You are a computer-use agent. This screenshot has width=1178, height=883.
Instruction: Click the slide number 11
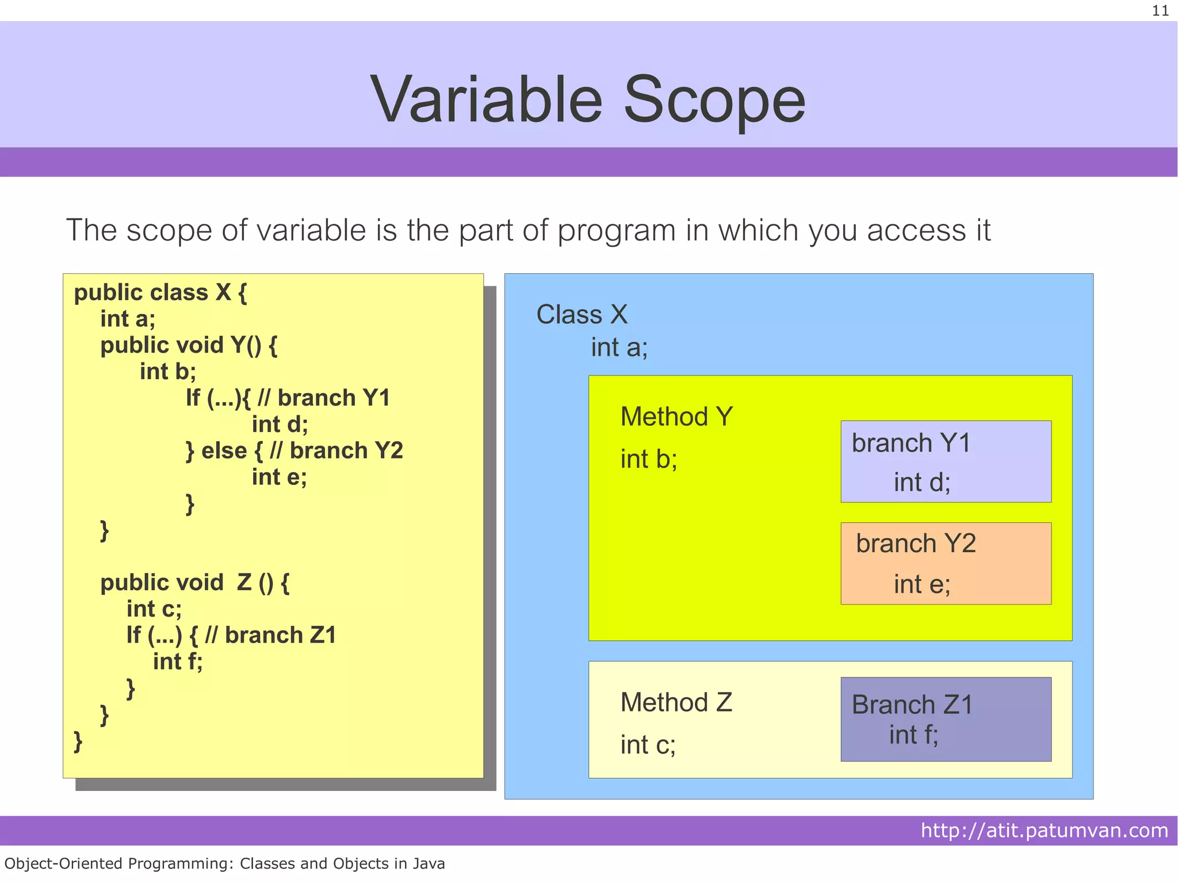(x=1160, y=11)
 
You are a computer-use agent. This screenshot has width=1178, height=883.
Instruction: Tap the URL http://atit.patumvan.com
(x=1044, y=831)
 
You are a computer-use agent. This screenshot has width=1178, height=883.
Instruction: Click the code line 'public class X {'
(x=160, y=293)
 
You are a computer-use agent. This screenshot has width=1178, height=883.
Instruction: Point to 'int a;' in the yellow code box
(x=128, y=319)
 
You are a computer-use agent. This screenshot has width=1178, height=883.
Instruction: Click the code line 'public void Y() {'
(x=189, y=346)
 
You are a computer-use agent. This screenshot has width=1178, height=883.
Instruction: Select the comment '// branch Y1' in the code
(x=324, y=398)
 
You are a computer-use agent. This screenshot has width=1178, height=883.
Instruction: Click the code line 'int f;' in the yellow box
(x=178, y=662)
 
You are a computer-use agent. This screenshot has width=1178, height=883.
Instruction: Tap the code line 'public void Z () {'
(x=194, y=583)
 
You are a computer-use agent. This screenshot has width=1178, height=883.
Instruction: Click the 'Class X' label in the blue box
(x=582, y=315)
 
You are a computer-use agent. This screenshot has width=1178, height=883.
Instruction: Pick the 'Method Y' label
(x=676, y=416)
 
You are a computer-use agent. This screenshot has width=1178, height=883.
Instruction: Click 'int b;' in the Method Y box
(x=648, y=459)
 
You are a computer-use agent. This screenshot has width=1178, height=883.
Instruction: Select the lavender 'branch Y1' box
(x=946, y=461)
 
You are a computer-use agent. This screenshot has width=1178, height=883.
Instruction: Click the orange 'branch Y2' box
(x=946, y=563)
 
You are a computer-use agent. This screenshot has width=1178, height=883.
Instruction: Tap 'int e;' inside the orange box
(x=921, y=584)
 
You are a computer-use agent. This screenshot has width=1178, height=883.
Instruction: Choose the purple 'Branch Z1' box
(x=946, y=719)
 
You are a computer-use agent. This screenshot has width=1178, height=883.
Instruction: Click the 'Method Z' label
(x=676, y=702)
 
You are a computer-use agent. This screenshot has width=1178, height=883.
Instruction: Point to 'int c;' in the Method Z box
(x=648, y=745)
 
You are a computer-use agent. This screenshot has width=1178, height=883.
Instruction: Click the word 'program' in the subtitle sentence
(x=616, y=231)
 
